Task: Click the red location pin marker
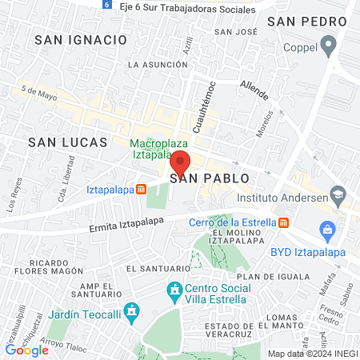tap(180, 162)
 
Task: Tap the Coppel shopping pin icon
tap(329, 48)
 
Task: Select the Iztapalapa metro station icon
tap(141, 190)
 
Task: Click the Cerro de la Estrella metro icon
tap(283, 222)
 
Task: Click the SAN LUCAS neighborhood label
tap(67, 142)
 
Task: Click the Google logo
tap(26, 350)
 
